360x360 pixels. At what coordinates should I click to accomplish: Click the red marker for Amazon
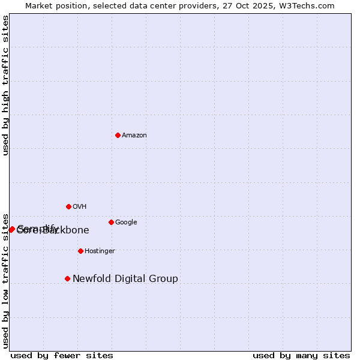click(x=118, y=135)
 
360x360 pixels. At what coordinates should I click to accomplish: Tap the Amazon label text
click(x=134, y=136)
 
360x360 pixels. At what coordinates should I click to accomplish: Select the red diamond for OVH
click(x=68, y=206)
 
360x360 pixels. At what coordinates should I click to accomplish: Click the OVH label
click(x=80, y=207)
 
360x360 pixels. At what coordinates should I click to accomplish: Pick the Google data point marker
click(x=111, y=222)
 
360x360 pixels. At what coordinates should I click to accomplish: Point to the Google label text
click(x=126, y=223)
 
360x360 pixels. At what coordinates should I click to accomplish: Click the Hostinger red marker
click(x=80, y=251)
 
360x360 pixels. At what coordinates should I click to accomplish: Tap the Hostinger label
click(x=100, y=251)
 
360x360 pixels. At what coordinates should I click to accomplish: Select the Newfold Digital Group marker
click(x=67, y=278)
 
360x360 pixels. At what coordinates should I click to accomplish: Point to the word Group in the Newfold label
click(x=164, y=279)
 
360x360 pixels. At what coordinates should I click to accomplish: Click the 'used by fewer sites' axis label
click(x=62, y=356)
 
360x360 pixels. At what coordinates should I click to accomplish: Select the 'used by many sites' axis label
click(x=301, y=356)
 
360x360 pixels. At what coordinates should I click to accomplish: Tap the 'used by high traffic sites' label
click(x=6, y=85)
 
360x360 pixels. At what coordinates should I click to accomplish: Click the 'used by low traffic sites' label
click(x=6, y=280)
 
